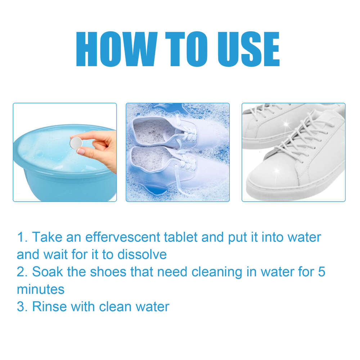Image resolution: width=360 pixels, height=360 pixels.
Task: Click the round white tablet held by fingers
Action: [76, 143]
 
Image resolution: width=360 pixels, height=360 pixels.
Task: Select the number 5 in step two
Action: [321, 272]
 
